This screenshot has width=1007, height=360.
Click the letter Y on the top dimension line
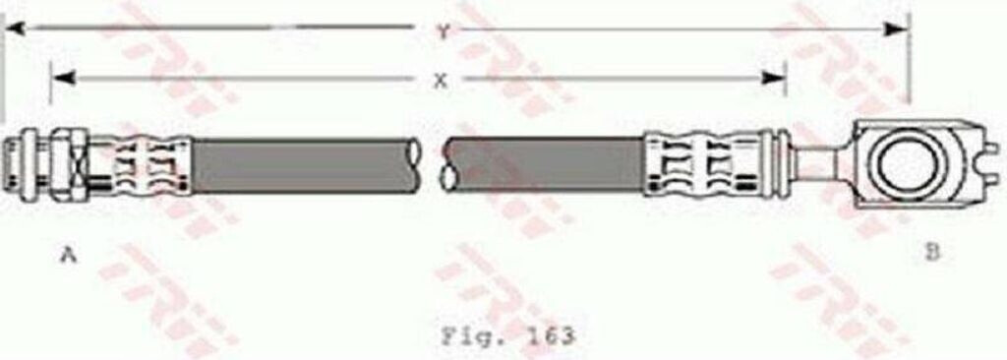[444, 32]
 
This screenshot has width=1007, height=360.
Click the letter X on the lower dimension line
[440, 82]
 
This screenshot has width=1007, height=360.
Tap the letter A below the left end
[68, 255]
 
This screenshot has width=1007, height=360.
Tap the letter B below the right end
[932, 253]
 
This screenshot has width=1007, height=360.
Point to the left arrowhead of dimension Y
[14, 29]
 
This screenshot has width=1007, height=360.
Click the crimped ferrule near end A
[148, 162]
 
